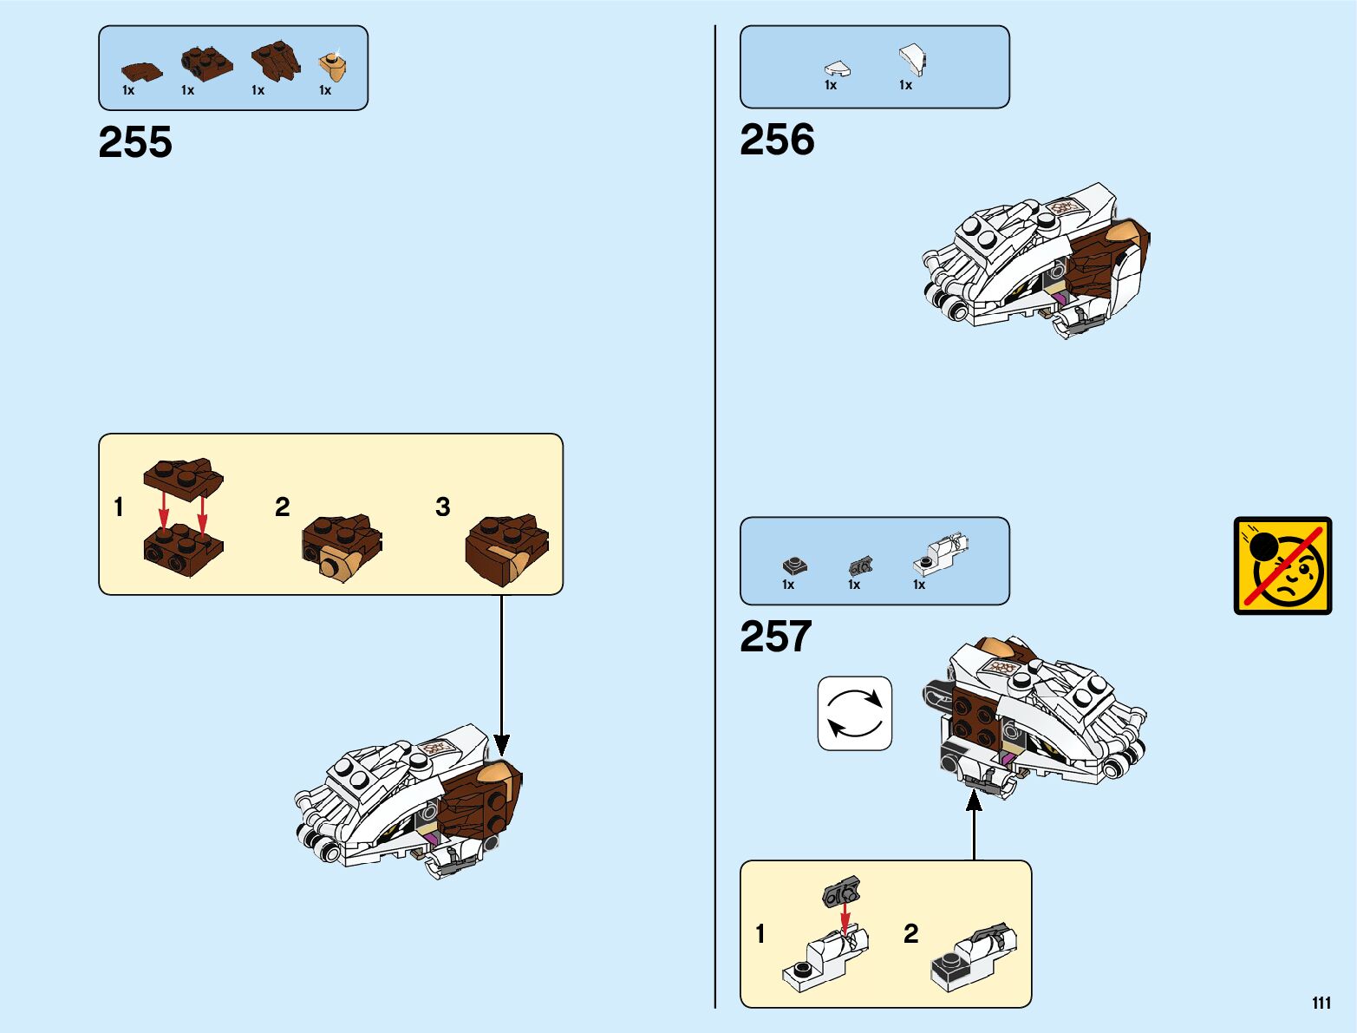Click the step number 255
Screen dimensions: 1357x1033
click(135, 142)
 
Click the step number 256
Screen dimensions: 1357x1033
click(777, 140)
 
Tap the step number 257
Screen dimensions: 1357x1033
click(775, 637)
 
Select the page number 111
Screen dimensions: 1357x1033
click(1321, 1004)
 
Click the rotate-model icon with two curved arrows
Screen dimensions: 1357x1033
click(854, 713)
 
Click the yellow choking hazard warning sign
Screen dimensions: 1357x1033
click(1282, 566)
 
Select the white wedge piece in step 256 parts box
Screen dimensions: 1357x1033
click(911, 60)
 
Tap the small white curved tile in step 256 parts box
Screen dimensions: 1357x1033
click(837, 69)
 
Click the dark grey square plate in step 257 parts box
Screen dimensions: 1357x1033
click(793, 566)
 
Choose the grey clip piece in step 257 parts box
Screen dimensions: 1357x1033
click(859, 566)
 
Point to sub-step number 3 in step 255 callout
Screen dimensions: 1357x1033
click(442, 507)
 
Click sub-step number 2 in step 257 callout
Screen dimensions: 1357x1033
click(910, 933)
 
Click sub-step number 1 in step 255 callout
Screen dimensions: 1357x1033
click(119, 507)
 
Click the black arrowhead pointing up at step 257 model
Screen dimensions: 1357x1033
click(974, 801)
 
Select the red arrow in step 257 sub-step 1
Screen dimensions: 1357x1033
click(845, 918)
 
